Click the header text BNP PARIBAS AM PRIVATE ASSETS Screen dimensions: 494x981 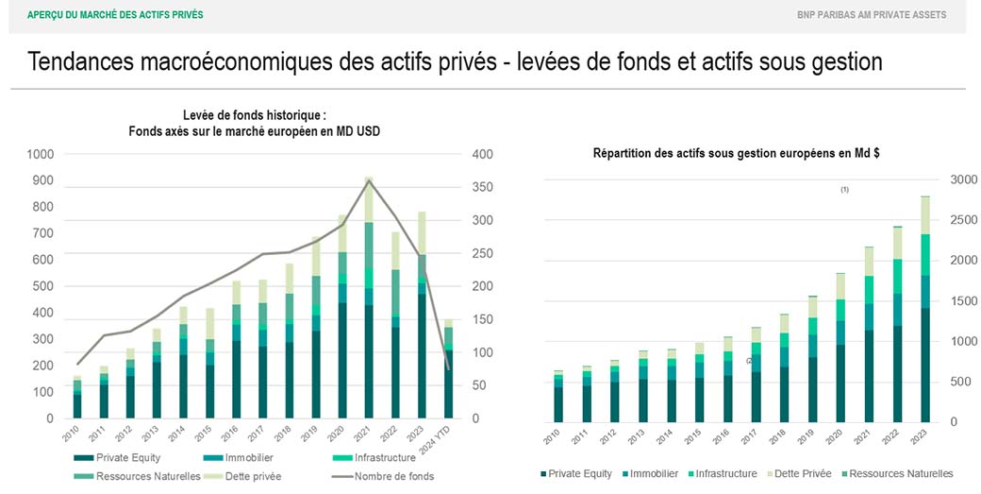(x=871, y=15)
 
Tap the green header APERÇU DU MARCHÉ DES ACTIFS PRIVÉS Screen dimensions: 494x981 (x=115, y=15)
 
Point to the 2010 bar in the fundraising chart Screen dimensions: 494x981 (x=77, y=397)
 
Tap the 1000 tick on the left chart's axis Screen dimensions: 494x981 (x=42, y=154)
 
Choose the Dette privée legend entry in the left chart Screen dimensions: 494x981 (x=247, y=476)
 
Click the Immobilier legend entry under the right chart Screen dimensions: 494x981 (x=650, y=473)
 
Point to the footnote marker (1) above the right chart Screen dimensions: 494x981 (x=845, y=190)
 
